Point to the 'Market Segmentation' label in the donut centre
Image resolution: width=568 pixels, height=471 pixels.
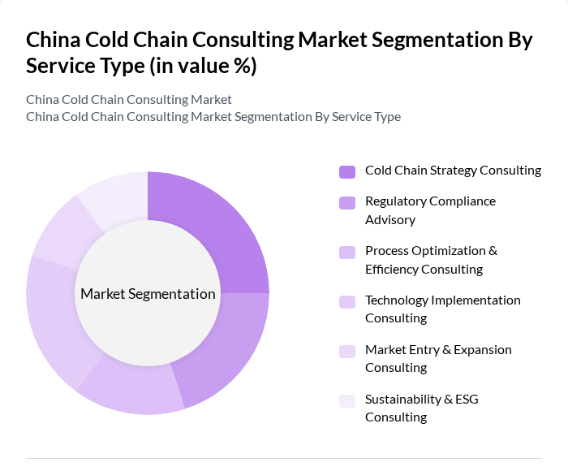pos(148,294)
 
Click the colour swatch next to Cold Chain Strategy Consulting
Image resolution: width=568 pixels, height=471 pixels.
pos(347,171)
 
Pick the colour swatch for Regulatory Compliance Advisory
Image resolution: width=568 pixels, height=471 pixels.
pos(347,202)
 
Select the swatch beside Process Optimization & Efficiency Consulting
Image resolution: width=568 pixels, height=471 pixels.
pos(347,252)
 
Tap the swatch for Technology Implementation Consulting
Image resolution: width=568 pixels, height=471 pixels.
pos(347,301)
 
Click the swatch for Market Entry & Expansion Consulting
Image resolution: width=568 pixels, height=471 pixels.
pos(347,351)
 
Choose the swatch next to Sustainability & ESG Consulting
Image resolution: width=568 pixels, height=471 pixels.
pos(347,400)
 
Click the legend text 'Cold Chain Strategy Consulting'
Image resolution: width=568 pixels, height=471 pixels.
pos(453,171)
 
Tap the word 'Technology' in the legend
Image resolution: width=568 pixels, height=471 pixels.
pos(396,300)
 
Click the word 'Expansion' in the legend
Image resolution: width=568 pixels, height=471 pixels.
pos(483,350)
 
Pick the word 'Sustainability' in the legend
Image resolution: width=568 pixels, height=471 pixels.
pos(402,400)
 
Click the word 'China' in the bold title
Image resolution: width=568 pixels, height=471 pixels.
pos(52,41)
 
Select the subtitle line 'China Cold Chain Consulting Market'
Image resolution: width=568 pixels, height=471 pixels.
pos(129,100)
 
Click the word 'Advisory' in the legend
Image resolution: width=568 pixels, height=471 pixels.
pos(390,220)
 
